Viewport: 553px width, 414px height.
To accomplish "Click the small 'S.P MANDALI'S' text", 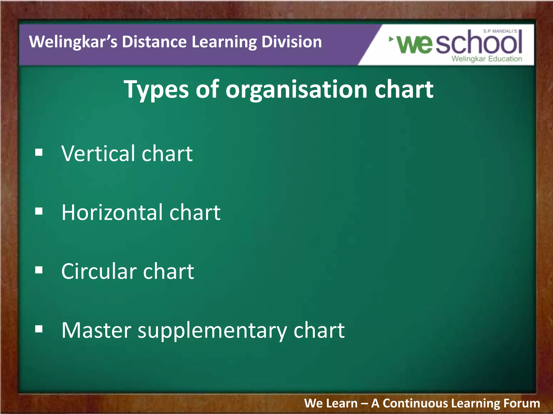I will (500, 31).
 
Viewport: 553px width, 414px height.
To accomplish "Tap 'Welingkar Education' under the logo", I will (487, 59).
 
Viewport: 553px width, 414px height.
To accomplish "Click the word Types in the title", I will (156, 89).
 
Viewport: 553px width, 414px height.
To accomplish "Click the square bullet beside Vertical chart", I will (39, 153).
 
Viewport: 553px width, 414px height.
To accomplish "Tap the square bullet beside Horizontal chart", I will (39, 212).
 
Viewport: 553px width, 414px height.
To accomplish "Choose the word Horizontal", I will (112, 212).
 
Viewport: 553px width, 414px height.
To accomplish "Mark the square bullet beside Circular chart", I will (39, 270).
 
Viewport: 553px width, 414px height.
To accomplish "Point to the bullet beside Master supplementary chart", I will (39, 329).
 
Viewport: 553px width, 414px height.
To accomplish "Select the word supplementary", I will (212, 331).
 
